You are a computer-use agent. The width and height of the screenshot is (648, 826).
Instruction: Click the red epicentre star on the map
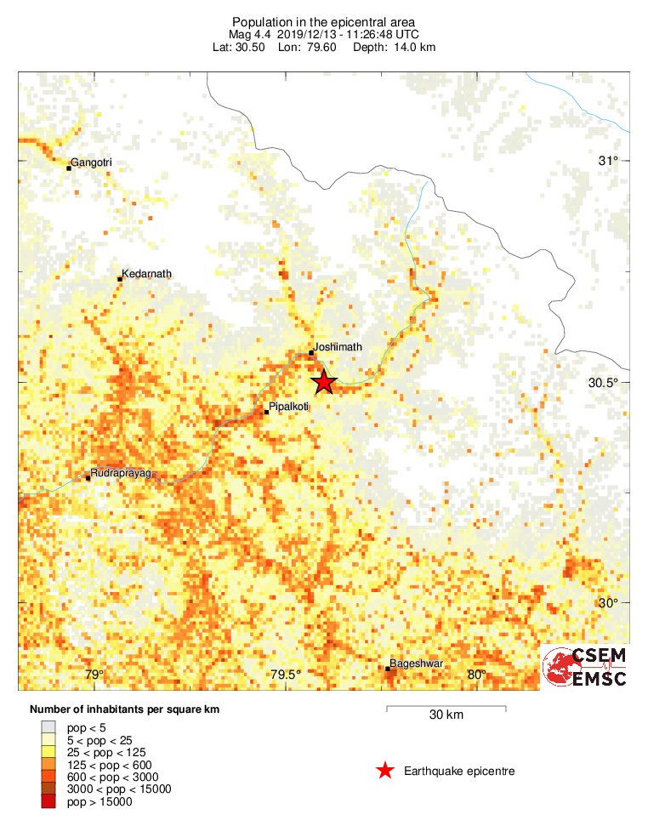(x=323, y=382)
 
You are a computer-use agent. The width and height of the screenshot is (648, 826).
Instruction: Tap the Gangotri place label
(x=92, y=162)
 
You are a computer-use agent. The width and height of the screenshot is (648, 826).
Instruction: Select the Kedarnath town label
(x=146, y=274)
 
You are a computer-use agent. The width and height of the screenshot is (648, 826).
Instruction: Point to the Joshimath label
(x=338, y=347)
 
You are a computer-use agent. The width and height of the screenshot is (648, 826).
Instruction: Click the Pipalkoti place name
(x=288, y=407)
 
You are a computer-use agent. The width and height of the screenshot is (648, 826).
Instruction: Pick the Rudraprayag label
(x=120, y=473)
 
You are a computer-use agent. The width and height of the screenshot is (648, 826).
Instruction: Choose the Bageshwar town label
(x=416, y=664)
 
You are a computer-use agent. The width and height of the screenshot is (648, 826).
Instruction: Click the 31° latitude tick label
(x=608, y=161)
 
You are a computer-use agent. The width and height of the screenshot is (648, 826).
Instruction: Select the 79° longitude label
(x=94, y=675)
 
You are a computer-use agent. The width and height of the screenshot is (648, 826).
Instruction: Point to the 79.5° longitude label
(x=286, y=675)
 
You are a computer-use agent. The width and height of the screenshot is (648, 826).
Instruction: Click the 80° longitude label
(x=477, y=675)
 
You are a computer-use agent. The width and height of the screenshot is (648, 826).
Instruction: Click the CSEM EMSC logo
(x=585, y=667)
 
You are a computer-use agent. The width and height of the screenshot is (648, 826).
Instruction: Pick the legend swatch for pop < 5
(x=48, y=727)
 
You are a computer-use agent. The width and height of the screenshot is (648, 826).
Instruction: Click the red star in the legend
(x=385, y=771)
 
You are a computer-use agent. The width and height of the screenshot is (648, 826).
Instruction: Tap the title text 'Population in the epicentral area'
(x=324, y=21)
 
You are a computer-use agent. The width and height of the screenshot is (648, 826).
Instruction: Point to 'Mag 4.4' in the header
(x=248, y=34)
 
